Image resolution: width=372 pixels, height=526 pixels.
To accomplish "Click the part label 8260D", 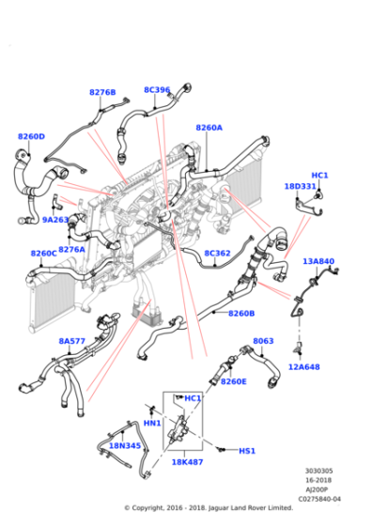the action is point(31,136).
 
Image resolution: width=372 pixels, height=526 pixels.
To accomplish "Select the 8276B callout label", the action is point(102,92).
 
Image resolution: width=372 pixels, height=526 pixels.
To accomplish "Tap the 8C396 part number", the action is point(157,90).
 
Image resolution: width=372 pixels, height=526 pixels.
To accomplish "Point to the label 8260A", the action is point(209,128).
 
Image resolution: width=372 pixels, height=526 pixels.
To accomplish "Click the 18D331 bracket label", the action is point(301,186).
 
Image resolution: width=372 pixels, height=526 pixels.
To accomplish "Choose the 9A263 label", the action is point(55,220).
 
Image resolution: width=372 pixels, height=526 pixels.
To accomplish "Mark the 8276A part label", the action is point(71,249).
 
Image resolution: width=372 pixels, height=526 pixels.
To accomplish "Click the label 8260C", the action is point(44,254).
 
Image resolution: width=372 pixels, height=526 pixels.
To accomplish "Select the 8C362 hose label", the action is point(217,253).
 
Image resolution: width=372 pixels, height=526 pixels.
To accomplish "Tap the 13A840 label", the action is point(318,261).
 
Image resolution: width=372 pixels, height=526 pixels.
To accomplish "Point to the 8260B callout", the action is point(241,314).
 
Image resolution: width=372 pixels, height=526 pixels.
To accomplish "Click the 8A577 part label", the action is point(71,341).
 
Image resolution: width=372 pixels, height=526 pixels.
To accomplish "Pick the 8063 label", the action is point(263,341).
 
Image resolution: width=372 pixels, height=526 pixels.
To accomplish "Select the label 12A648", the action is point(304,367).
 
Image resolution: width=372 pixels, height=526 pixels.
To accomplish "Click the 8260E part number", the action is point(234,381).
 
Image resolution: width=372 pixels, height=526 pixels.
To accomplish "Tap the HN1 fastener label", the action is point(152,424).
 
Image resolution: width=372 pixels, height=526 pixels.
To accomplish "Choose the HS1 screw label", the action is point(247,451).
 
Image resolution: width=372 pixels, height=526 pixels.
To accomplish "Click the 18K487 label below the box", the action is point(187,462).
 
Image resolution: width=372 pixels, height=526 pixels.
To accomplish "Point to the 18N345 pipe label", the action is point(125,446).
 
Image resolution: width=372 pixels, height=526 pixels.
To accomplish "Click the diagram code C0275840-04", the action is point(319,499).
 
